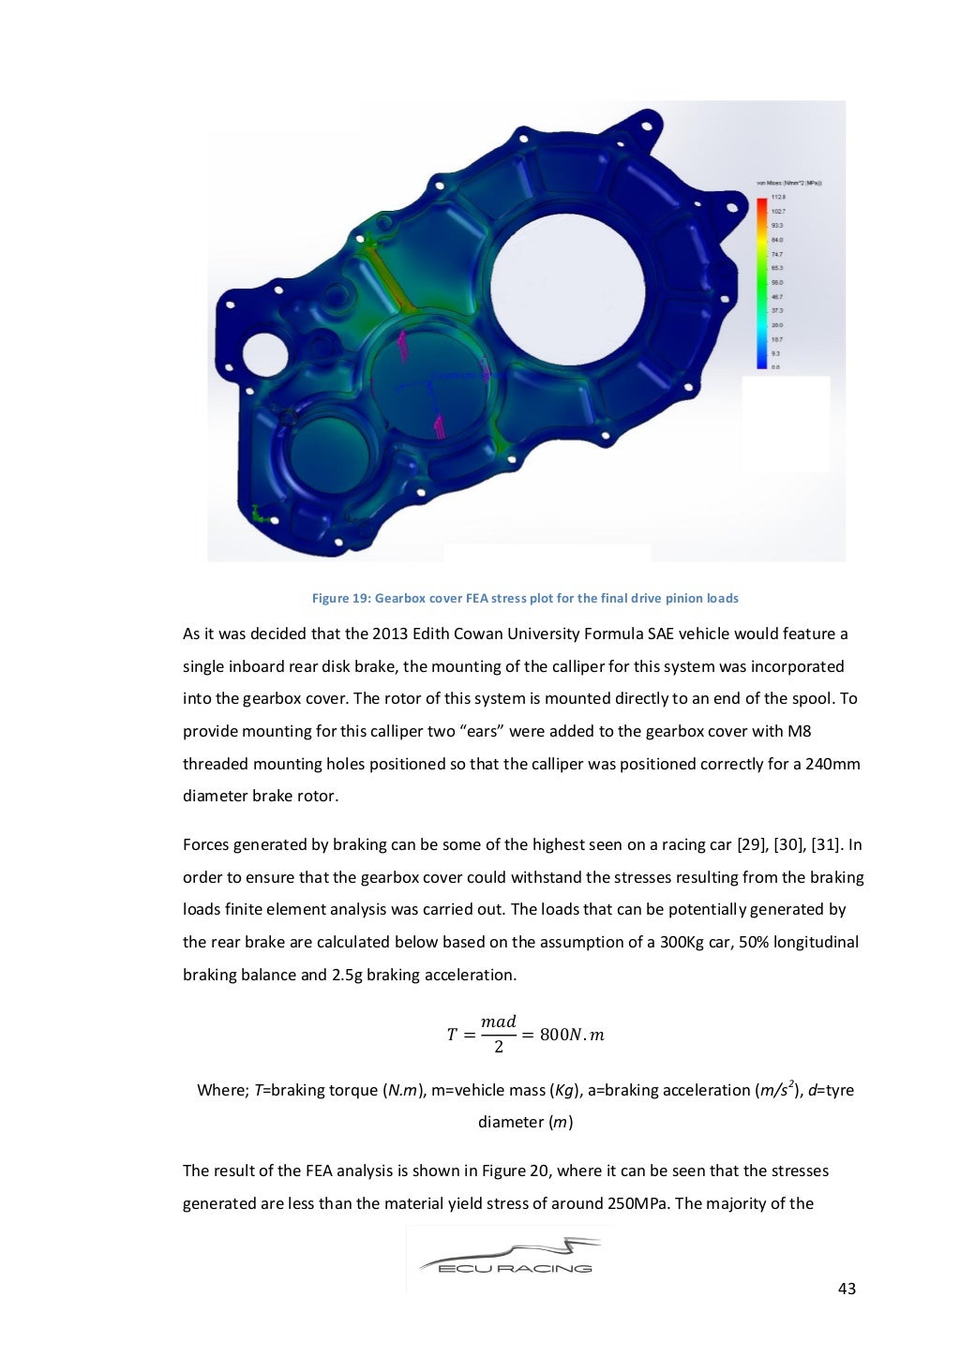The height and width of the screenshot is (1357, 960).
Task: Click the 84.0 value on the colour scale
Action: [x=777, y=240]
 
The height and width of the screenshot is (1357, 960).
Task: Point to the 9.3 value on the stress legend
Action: [x=775, y=353]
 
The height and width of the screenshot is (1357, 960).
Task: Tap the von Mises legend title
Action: [x=788, y=184]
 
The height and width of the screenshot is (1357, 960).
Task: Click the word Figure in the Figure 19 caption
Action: [x=330, y=598]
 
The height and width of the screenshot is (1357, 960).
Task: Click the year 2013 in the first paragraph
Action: [x=390, y=634]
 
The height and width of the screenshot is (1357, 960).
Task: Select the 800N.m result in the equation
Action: [x=572, y=1035]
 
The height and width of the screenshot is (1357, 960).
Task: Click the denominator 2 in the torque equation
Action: [x=499, y=1047]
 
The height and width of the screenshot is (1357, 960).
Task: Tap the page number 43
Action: [x=846, y=1289]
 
